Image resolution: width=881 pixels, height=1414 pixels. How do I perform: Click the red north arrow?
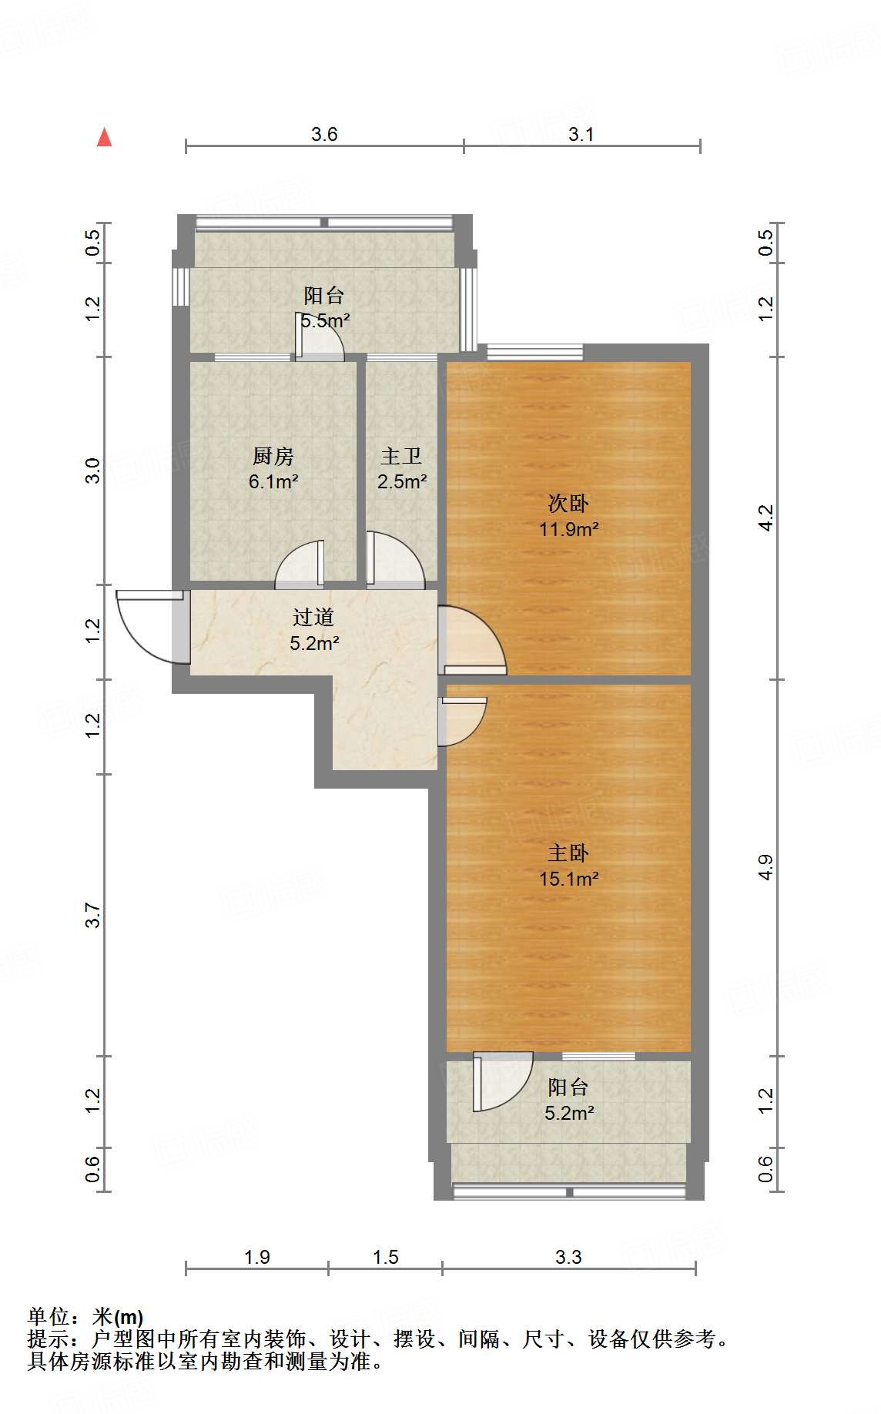coord(104,137)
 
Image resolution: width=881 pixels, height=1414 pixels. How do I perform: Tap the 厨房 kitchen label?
coord(273,456)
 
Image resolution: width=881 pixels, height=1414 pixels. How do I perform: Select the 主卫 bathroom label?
coord(401,456)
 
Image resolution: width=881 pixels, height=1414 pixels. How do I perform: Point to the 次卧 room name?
coord(568,503)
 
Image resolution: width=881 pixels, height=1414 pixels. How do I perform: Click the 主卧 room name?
coord(568,853)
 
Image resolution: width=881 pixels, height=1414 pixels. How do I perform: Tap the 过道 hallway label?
coord(313,617)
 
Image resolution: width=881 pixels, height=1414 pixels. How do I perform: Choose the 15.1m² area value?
coord(569,879)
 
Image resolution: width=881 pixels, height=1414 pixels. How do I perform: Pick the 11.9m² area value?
coord(569,529)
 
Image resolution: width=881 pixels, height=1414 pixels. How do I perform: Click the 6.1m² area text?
coord(273,482)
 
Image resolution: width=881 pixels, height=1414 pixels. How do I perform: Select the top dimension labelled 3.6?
coord(324,134)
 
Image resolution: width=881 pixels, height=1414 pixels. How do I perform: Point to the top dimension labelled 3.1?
coord(581,134)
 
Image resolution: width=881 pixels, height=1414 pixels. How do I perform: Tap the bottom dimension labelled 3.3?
coord(568,1257)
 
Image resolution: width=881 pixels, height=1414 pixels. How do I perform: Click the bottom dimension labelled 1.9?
coord(256,1257)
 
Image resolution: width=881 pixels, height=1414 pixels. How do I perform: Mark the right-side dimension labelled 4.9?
coord(765,867)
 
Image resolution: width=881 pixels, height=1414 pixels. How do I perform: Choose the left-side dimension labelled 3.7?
coord(92,915)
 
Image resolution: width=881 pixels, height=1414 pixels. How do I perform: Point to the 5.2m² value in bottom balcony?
coord(569,1113)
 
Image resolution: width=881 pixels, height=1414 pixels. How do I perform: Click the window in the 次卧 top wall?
coord(535,352)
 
